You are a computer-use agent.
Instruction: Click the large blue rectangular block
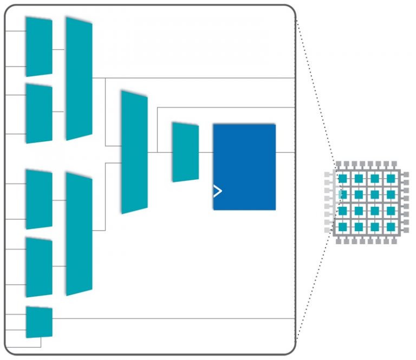pyautogui.click(x=244, y=167)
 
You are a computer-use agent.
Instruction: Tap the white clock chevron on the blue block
pyautogui.click(x=217, y=191)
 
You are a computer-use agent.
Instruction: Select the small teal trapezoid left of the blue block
pyautogui.click(x=185, y=152)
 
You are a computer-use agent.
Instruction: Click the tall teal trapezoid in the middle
pyautogui.click(x=134, y=152)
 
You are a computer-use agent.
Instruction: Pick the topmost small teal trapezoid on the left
pyautogui.click(x=39, y=47)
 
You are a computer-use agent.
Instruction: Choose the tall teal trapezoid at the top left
pyautogui.click(x=79, y=78)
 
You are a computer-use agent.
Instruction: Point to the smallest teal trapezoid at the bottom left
pyautogui.click(x=39, y=322)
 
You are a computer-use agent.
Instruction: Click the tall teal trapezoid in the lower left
pyautogui.click(x=79, y=234)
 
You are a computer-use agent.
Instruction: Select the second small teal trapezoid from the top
pyautogui.click(x=39, y=114)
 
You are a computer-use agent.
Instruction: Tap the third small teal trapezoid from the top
pyautogui.click(x=39, y=199)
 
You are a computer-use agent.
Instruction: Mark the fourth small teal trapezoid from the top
pyautogui.click(x=39, y=267)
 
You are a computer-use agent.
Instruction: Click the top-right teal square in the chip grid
pyautogui.click(x=390, y=178)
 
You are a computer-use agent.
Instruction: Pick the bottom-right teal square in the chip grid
pyautogui.click(x=390, y=226)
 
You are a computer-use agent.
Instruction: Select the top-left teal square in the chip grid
pyautogui.click(x=342, y=178)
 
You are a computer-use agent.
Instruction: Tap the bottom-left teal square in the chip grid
pyautogui.click(x=342, y=226)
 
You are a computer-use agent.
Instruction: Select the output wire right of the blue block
pyautogui.click(x=285, y=152)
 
